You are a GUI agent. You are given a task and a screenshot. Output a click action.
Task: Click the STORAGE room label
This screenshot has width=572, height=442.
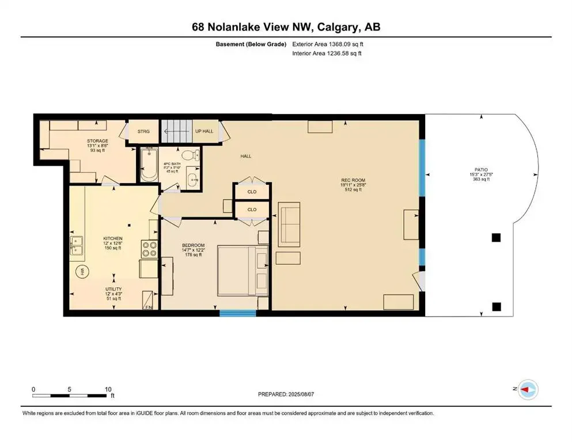[x=97, y=140]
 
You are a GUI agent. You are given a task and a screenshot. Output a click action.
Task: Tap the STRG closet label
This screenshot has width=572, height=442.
[x=143, y=131]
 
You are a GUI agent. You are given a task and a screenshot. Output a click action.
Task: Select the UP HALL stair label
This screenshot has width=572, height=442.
[x=204, y=131]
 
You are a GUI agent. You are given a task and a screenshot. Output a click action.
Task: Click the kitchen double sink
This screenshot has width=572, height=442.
[x=77, y=245]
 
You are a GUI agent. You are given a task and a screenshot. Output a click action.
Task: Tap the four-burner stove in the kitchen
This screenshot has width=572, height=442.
[x=149, y=249]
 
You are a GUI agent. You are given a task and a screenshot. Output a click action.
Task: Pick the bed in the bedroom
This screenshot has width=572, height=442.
[x=243, y=272]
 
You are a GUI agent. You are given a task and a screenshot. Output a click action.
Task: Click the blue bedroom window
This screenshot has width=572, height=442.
[x=238, y=313]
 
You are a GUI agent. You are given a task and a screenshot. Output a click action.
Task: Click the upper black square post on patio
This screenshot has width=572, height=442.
[x=496, y=237]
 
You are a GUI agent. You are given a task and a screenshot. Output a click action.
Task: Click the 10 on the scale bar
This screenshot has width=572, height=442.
[x=108, y=389]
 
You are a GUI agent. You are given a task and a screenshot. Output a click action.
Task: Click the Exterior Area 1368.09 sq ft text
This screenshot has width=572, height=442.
[x=328, y=44]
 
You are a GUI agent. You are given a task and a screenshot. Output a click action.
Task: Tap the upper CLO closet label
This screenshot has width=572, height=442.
[x=252, y=192]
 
